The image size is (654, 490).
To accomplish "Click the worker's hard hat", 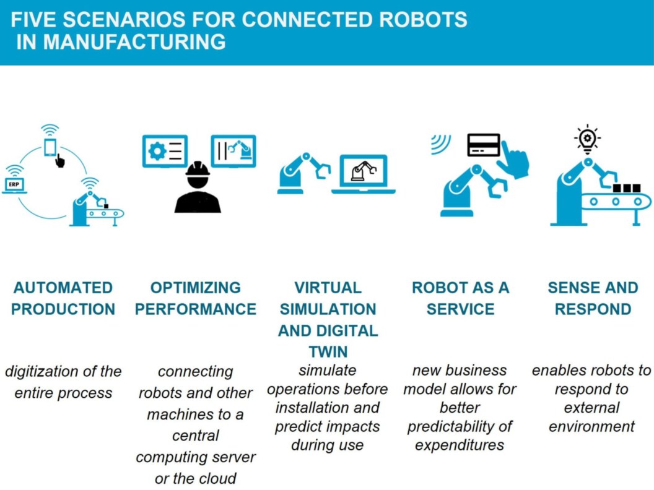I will [198, 168].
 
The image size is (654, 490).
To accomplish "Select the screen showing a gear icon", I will [165, 151].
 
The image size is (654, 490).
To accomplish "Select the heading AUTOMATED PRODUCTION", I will [63, 298].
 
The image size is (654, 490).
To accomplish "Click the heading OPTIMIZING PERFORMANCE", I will [196, 298].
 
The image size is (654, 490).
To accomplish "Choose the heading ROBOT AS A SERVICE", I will [461, 298].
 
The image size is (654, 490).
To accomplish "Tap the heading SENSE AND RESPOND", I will [593, 298].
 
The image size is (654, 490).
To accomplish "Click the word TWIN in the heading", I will [328, 351].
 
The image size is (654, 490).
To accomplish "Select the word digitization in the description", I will [43, 372].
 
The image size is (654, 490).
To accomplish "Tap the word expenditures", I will [460, 445].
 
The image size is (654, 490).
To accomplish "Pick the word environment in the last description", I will [591, 426].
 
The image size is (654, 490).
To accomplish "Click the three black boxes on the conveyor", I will [626, 187].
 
